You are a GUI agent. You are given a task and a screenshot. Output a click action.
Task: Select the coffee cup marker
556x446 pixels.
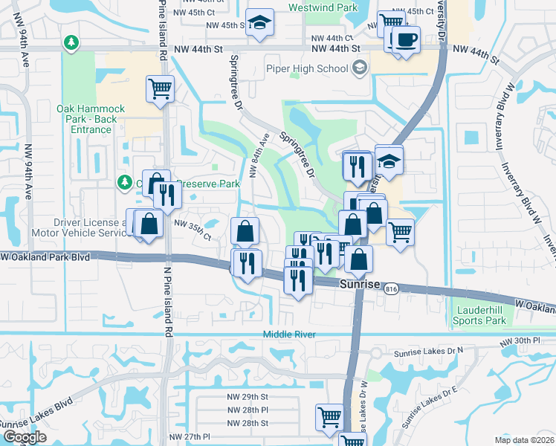click(406, 40)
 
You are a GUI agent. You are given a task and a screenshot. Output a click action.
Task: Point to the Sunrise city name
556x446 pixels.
click(361, 285)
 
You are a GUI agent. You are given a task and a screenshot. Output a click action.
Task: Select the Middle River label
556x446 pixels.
click(289, 334)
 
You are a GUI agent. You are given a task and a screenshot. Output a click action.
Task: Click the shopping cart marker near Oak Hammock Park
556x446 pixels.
click(161, 89)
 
